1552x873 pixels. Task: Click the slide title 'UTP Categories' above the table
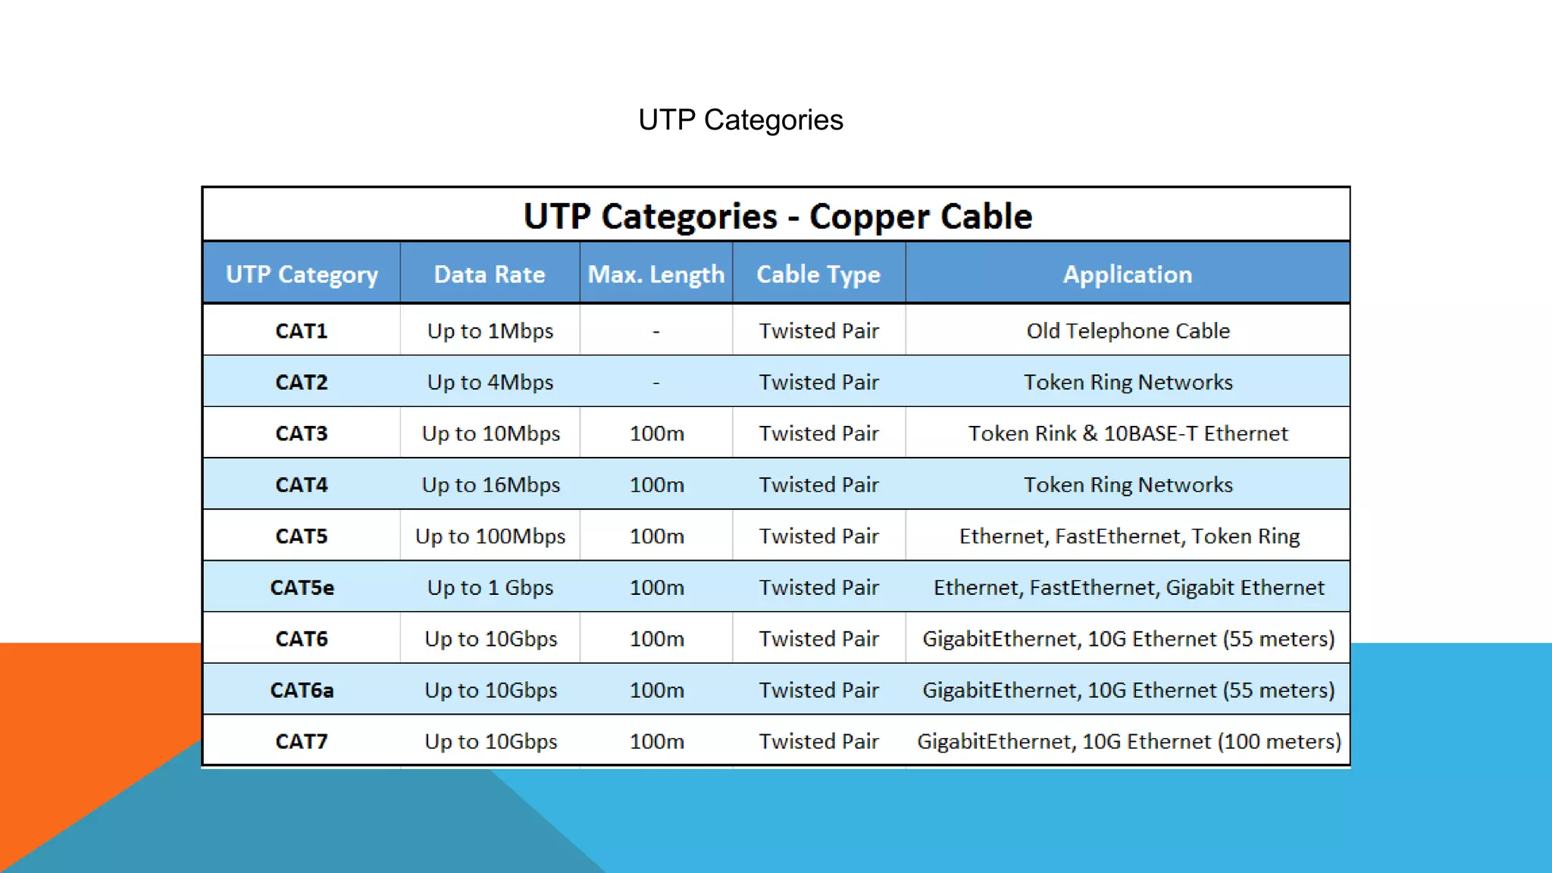[740, 120]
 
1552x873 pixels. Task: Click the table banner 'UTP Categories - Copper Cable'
[778, 217]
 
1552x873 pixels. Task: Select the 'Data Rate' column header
[490, 274]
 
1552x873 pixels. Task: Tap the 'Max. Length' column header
[656, 274]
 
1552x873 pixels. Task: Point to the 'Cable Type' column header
[818, 274]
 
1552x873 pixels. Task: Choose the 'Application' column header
[1128, 274]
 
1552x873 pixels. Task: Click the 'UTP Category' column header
[302, 274]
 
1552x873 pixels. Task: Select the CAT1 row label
[302, 331]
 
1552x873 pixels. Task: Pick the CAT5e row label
[302, 587]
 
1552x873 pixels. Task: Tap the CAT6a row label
[302, 690]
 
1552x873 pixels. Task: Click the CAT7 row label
[302, 741]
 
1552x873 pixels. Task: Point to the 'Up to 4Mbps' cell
[490, 382]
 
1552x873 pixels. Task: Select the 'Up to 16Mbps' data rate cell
[490, 485]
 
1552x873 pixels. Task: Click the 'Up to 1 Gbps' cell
[490, 587]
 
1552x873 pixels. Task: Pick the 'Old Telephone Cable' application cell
[1128, 331]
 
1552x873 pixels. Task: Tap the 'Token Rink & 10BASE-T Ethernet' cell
[1128, 433]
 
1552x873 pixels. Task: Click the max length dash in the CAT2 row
[656, 383]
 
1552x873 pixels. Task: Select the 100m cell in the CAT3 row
[656, 433]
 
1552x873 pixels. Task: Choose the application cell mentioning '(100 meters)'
[1128, 741]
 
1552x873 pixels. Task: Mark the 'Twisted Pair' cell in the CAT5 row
[818, 537]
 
